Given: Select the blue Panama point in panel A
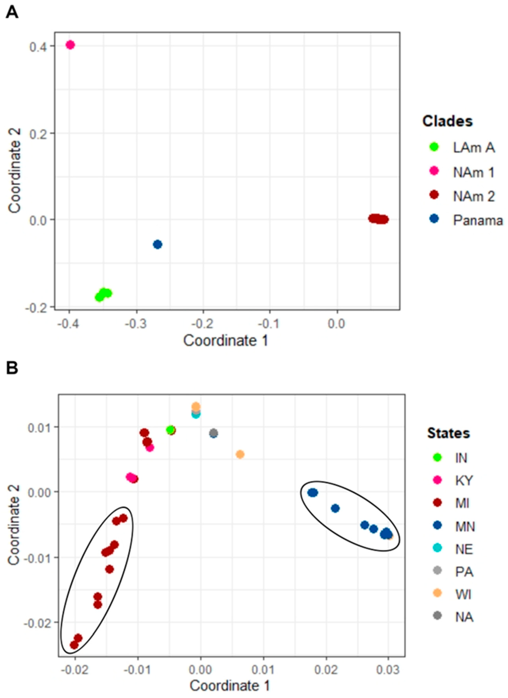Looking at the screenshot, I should click(158, 245).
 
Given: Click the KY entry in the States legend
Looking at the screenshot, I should click(464, 480).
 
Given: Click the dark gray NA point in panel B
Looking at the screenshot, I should click(214, 433).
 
